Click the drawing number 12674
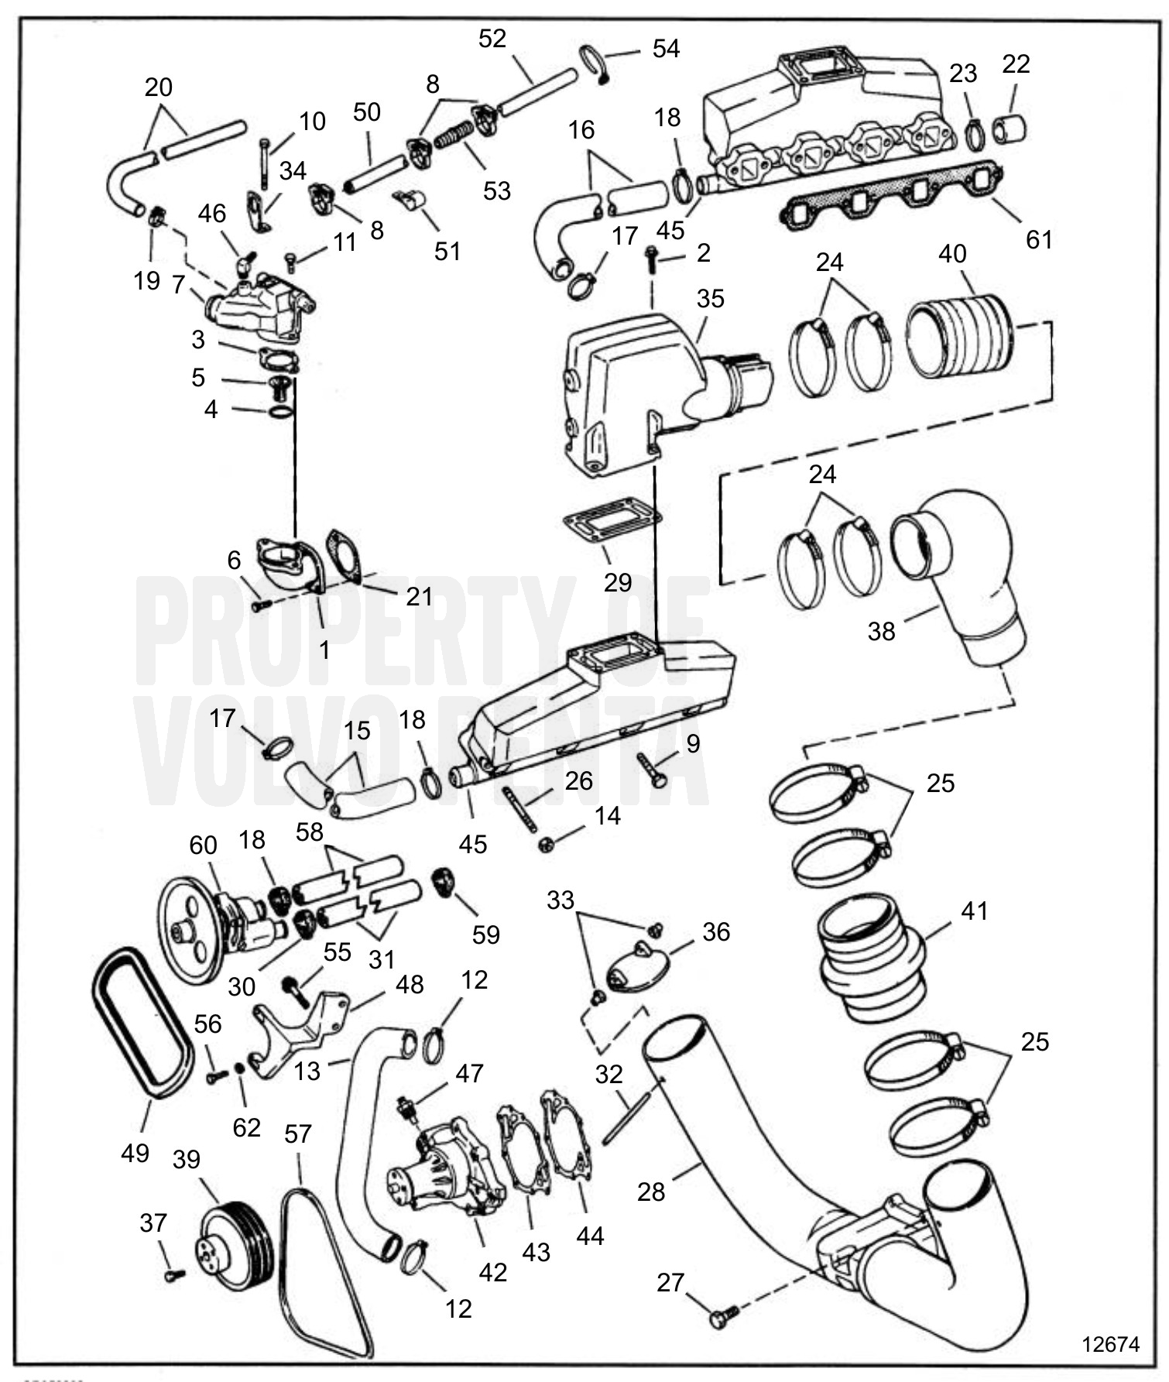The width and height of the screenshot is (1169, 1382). (x=1110, y=1343)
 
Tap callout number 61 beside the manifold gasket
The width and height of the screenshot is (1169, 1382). (x=1039, y=239)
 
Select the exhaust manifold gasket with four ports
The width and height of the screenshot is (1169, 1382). (x=890, y=198)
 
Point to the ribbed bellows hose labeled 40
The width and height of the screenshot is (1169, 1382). (x=959, y=338)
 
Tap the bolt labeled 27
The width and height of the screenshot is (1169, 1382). (x=721, y=1315)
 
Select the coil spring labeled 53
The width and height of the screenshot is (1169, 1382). (x=454, y=136)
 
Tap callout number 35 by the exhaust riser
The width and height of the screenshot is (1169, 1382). (x=710, y=299)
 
